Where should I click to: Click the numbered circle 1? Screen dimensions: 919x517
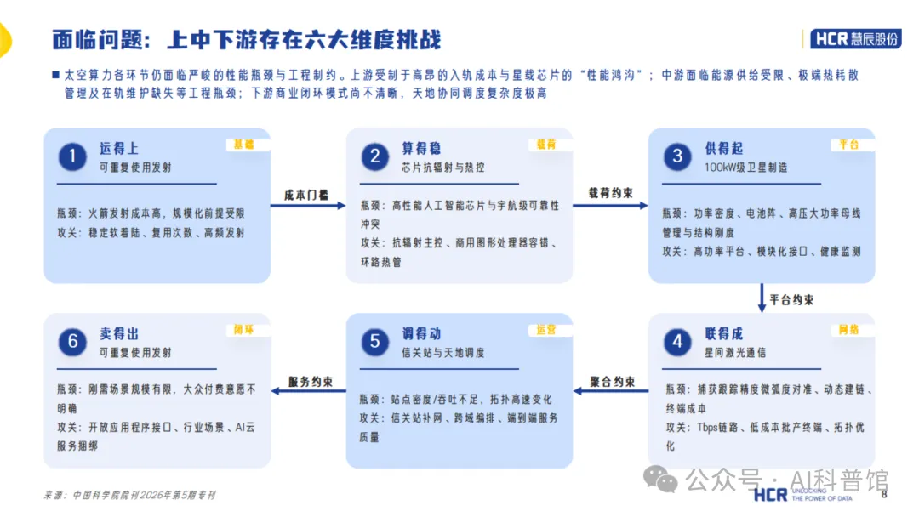(72, 156)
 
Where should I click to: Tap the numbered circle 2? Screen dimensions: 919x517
(375, 156)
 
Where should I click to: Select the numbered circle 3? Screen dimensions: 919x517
(677, 156)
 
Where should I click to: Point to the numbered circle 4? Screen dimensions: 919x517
(677, 341)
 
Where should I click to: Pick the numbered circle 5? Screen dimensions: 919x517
(375, 341)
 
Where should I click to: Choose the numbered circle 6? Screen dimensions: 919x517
(72, 341)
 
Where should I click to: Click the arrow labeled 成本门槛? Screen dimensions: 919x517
(308, 206)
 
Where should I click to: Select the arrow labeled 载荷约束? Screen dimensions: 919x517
(610, 206)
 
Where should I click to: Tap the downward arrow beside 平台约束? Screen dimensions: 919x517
(762, 298)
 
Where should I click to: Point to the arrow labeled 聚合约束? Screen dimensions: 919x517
(611, 390)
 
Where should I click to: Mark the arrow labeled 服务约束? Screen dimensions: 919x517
(308, 390)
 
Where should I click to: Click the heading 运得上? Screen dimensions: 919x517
(119, 149)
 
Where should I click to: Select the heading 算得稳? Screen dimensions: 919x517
(421, 149)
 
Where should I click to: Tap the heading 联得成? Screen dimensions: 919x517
(724, 333)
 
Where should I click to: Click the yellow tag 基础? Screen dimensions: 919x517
(244, 145)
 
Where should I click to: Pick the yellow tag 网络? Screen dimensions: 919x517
(848, 330)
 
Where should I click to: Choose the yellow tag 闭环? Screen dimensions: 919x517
(244, 330)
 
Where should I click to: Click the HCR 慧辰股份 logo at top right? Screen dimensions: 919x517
(856, 38)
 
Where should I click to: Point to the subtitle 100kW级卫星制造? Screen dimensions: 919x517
(746, 168)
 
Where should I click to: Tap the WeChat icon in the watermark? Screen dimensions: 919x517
(660, 480)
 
